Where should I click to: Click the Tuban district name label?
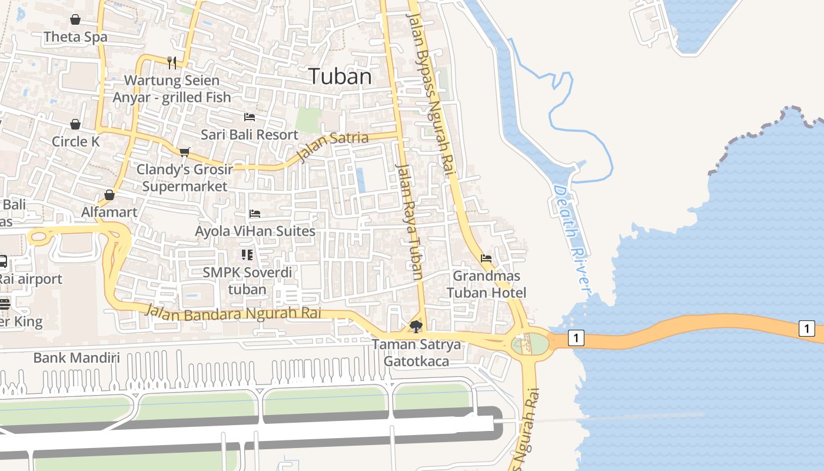340,76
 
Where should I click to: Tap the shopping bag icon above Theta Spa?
75,19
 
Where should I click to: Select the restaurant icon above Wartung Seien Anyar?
172,62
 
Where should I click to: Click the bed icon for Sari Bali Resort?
250,117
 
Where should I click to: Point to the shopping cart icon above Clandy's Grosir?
184,152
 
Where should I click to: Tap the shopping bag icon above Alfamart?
109,195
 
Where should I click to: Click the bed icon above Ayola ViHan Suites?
255,213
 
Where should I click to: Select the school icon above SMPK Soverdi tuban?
247,254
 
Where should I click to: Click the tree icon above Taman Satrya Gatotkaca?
416,326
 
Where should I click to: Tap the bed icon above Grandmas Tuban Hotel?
486,258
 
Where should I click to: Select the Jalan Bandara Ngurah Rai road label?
234,312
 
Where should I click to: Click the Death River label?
572,238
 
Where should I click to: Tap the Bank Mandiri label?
77,357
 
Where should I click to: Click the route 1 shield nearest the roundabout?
576,337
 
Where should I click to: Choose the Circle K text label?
76,142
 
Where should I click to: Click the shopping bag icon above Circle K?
75,124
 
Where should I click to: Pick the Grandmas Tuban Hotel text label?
486,284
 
